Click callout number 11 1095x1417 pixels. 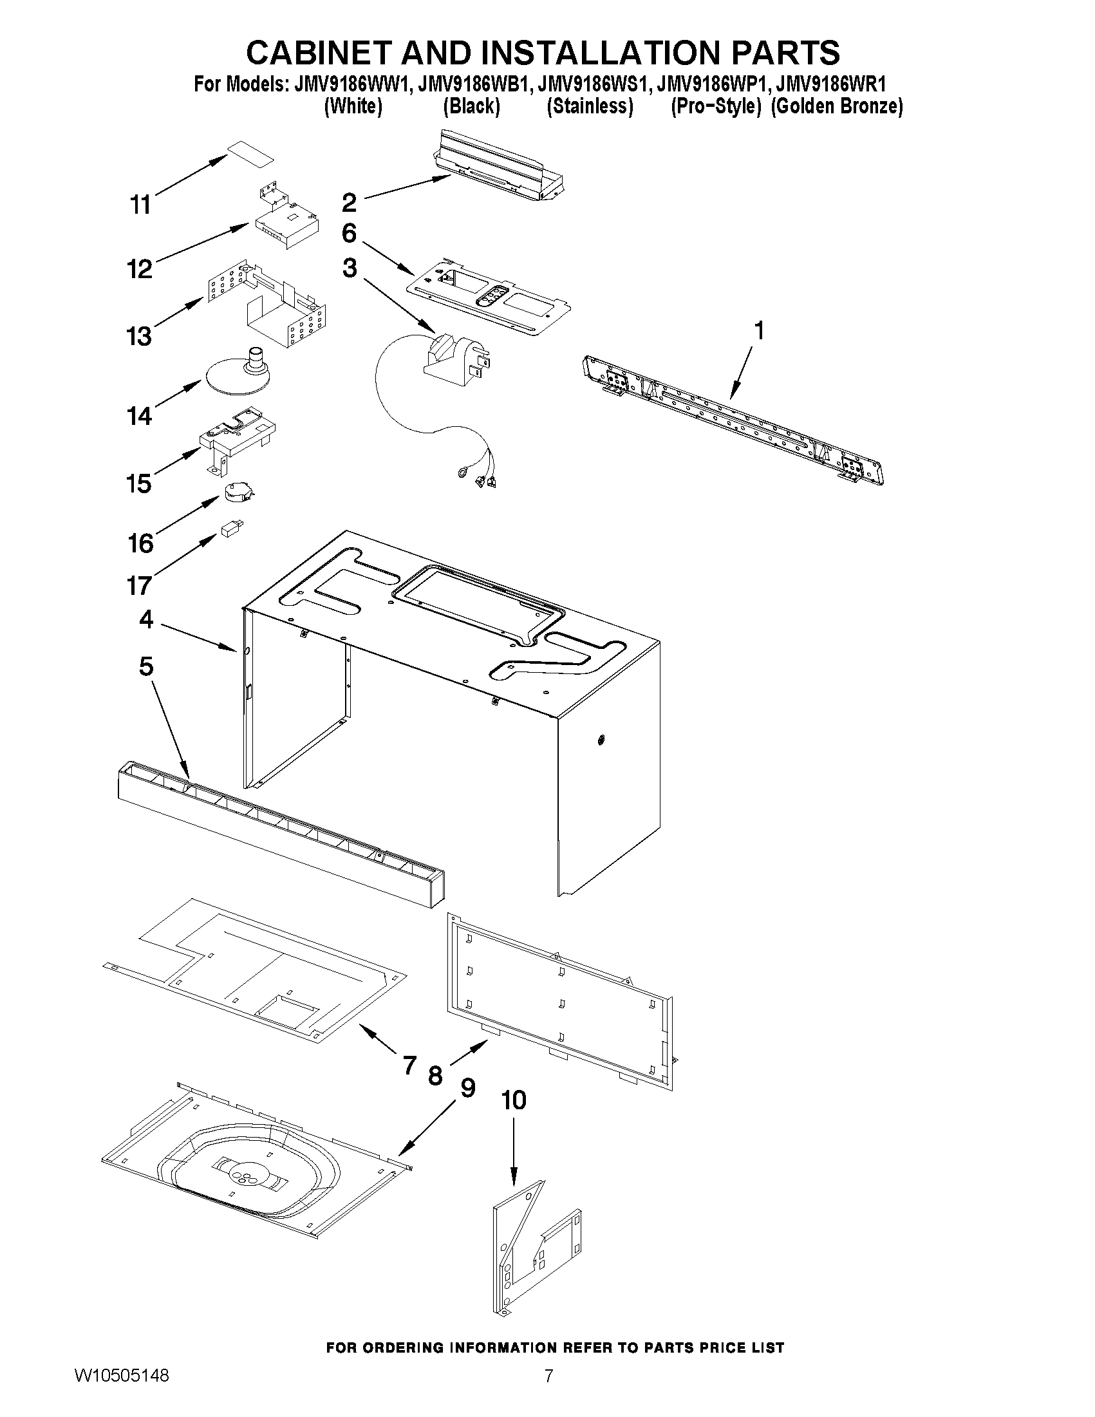140,204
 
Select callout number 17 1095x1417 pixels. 139,585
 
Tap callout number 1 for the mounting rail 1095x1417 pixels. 758,330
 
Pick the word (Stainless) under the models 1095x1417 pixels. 590,106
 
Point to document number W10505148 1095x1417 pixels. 122,1393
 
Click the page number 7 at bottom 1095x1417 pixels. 548,1393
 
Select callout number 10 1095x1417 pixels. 514,1100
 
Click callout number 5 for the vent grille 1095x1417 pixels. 146,666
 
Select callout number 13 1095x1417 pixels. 139,336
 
